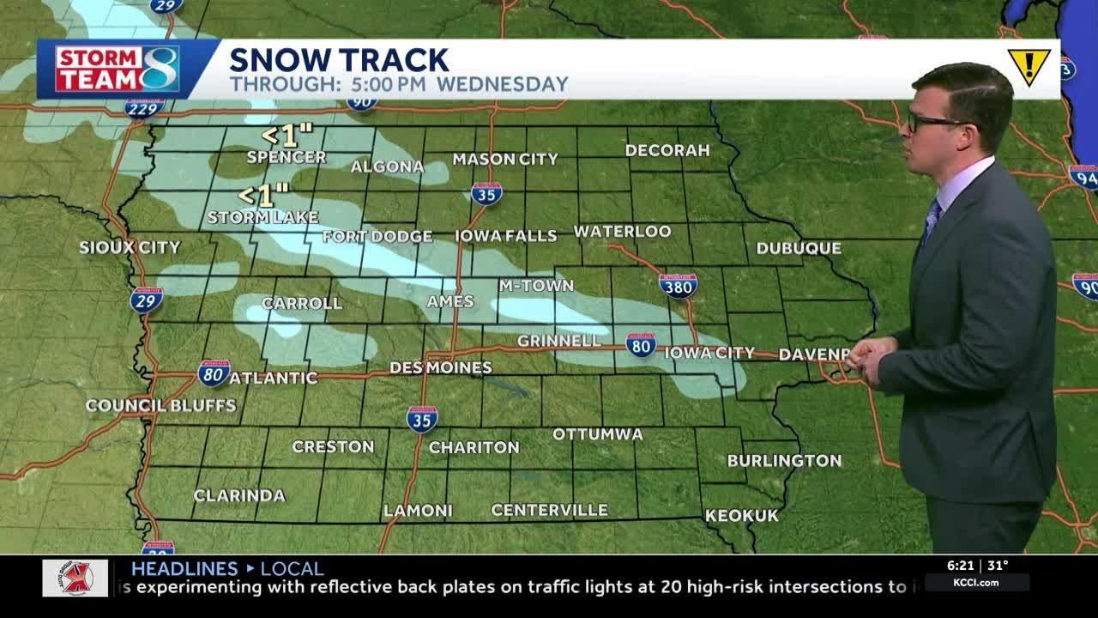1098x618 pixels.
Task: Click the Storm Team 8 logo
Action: click(x=117, y=69)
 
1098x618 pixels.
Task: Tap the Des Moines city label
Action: click(x=441, y=368)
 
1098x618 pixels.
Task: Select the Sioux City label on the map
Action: click(x=130, y=247)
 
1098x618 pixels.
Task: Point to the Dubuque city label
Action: click(x=799, y=248)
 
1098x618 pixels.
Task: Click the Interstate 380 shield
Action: click(x=678, y=285)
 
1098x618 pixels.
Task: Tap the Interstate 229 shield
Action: click(x=144, y=108)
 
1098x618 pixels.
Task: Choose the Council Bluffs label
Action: click(x=160, y=405)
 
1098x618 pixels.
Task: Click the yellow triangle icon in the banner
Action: click(x=1029, y=66)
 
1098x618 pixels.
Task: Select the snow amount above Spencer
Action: click(x=287, y=136)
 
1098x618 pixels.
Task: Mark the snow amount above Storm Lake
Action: click(x=263, y=196)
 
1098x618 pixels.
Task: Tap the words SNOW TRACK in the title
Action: click(x=339, y=60)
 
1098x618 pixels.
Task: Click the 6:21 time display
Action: click(x=961, y=566)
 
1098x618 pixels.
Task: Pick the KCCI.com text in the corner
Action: click(x=975, y=583)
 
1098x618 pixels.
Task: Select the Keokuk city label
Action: click(x=741, y=516)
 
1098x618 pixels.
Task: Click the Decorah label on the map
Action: click(x=667, y=150)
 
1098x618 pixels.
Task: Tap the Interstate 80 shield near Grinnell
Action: click(x=641, y=345)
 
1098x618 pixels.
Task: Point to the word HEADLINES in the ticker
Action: click(x=184, y=568)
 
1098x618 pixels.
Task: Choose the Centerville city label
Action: click(x=549, y=511)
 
